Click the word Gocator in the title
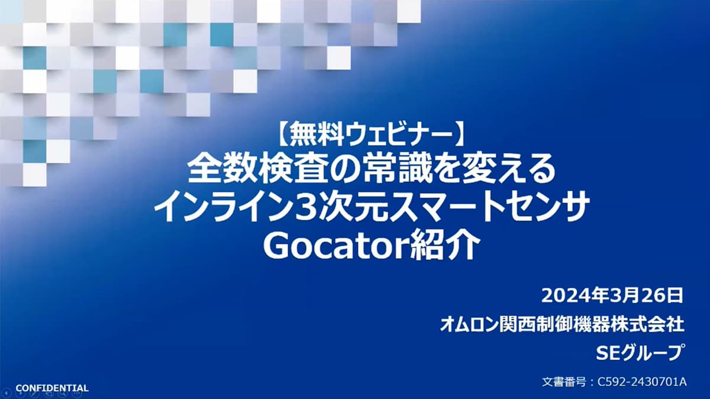(335, 246)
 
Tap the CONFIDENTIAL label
(52, 388)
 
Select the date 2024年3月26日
(612, 296)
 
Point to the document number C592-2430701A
(642, 382)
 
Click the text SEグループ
(638, 353)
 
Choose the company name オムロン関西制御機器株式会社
(561, 325)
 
